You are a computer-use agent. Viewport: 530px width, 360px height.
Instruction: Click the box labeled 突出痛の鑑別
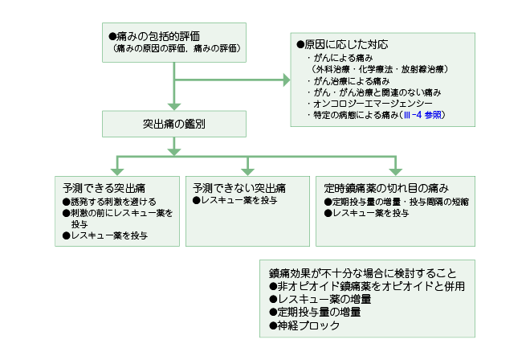click(174, 124)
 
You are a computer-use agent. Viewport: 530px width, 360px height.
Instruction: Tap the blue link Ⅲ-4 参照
click(422, 115)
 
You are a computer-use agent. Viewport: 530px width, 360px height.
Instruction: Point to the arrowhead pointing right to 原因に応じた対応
click(287, 80)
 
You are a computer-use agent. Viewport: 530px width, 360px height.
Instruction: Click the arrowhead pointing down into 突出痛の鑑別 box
click(174, 107)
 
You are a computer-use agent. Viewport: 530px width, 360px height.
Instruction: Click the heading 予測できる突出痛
click(104, 188)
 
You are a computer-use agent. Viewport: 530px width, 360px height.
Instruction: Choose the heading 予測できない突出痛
click(239, 188)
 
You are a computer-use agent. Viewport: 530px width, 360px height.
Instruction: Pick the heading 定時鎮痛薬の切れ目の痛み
click(386, 188)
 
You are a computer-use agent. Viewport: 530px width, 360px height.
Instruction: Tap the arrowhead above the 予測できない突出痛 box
click(248, 172)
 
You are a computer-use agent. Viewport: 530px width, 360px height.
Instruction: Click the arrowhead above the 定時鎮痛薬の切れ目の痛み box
click(395, 172)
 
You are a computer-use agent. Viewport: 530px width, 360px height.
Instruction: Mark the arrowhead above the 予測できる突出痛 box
click(117, 172)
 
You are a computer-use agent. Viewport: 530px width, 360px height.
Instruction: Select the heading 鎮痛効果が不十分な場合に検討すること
click(363, 273)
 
